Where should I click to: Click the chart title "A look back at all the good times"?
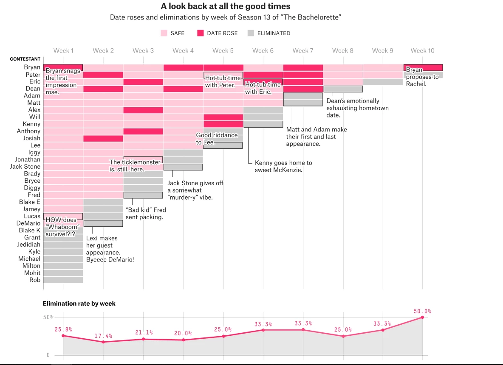click(226, 6)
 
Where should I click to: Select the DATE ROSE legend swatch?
click(201, 33)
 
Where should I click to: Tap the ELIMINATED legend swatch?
click(251, 33)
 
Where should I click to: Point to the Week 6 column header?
click(263, 50)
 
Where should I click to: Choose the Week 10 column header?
click(422, 50)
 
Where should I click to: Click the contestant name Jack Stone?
click(25, 167)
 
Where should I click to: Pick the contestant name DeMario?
click(28, 223)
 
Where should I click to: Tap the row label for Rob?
click(35, 280)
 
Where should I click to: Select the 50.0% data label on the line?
click(422, 311)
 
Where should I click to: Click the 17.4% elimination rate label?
click(103, 336)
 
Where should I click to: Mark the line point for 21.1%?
click(143, 339)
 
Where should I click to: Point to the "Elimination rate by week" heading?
click(79, 304)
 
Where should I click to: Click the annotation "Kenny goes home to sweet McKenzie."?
click(283, 166)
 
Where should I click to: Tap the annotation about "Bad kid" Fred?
click(146, 213)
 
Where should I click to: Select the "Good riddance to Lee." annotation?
click(217, 139)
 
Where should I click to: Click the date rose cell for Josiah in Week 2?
click(103, 138)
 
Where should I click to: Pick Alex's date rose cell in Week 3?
click(143, 110)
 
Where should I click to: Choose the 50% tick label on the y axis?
click(48, 317)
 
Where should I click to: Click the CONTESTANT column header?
click(25, 59)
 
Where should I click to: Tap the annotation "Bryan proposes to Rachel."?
click(422, 77)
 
